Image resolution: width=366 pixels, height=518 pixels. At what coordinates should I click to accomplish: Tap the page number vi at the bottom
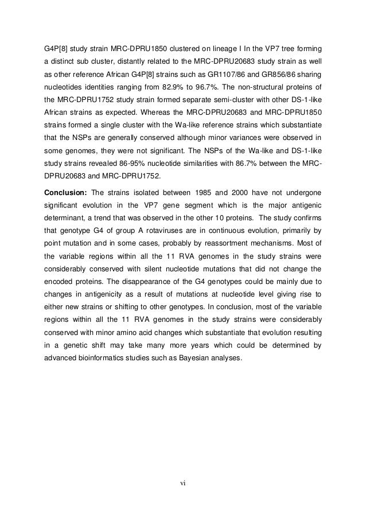point(182,482)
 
